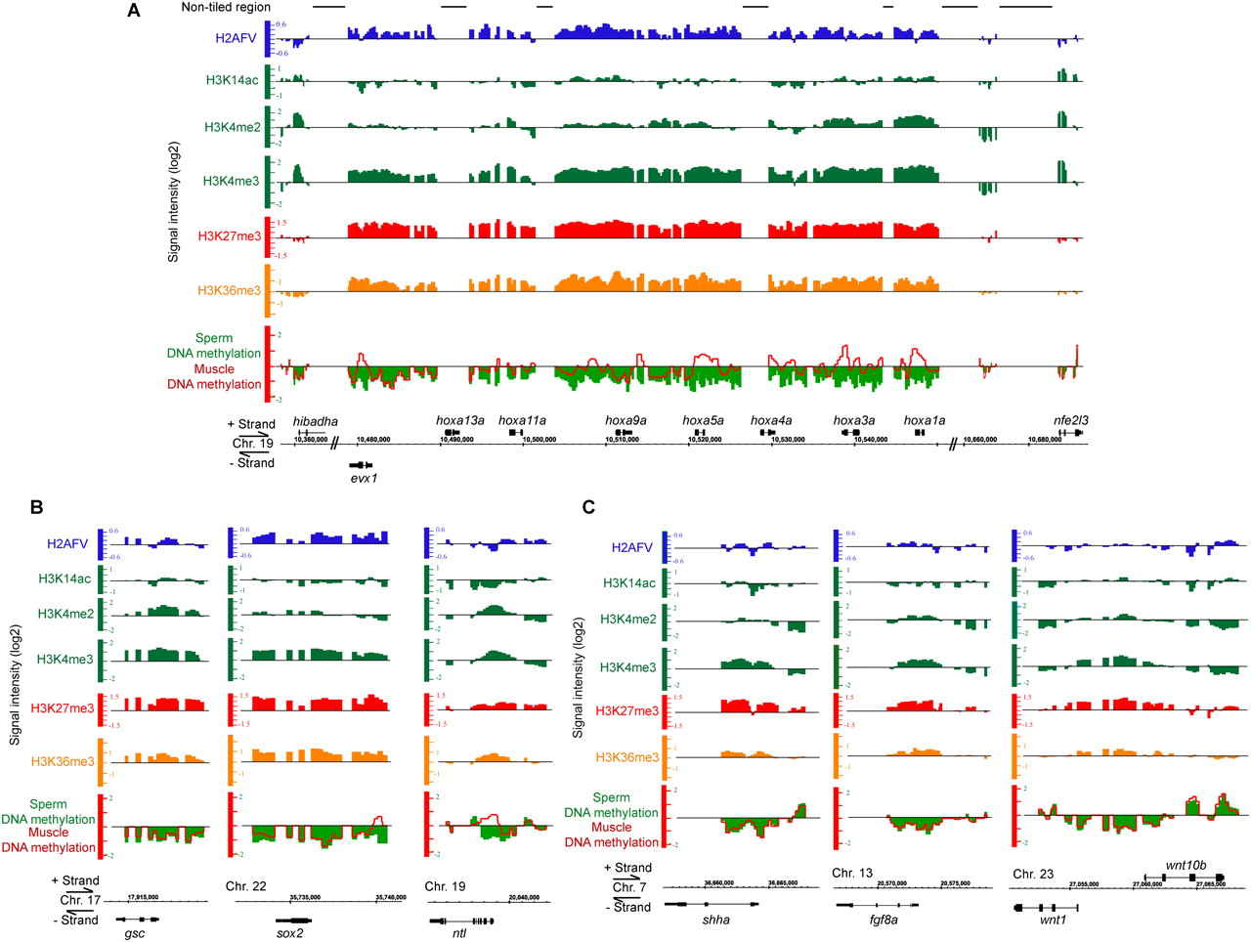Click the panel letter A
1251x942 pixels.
coord(133,11)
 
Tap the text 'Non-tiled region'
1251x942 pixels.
coord(226,7)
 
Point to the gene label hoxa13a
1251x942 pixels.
coord(460,420)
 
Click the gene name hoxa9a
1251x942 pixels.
coord(625,420)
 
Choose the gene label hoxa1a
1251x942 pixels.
coord(925,420)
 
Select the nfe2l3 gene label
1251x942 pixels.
coord(1071,420)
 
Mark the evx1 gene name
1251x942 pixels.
coord(364,478)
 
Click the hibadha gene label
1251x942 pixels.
coord(316,421)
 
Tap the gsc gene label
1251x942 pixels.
coord(135,933)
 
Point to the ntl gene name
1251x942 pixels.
coord(459,933)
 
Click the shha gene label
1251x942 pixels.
coord(716,920)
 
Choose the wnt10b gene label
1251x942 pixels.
coord(1186,865)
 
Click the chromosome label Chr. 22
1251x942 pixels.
coord(246,886)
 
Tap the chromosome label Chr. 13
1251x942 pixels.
coord(852,873)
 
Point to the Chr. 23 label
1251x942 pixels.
coord(1033,874)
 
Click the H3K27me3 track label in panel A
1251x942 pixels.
coord(230,235)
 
